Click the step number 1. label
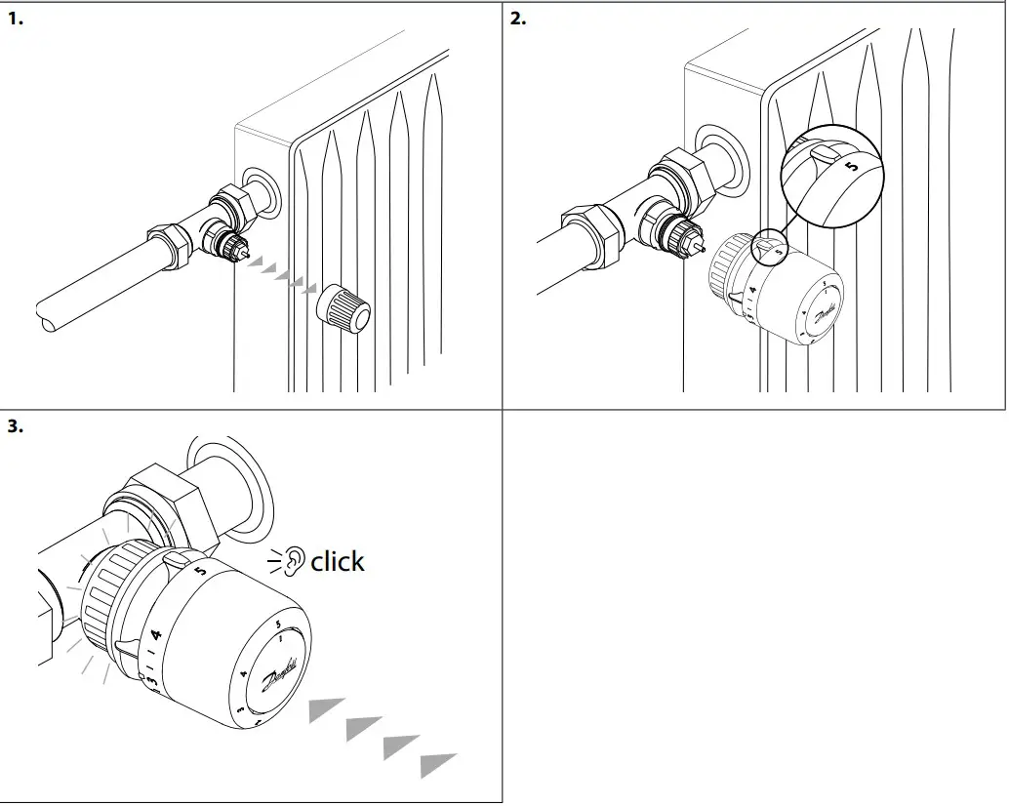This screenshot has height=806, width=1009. (x=15, y=19)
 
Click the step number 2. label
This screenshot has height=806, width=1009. (x=518, y=19)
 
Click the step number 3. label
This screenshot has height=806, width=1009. (x=15, y=426)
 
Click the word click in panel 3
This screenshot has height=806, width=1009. (x=338, y=561)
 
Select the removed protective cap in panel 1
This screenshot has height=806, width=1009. (x=344, y=307)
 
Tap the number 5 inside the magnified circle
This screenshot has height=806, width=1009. (x=852, y=167)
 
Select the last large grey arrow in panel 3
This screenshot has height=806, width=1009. (x=438, y=765)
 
